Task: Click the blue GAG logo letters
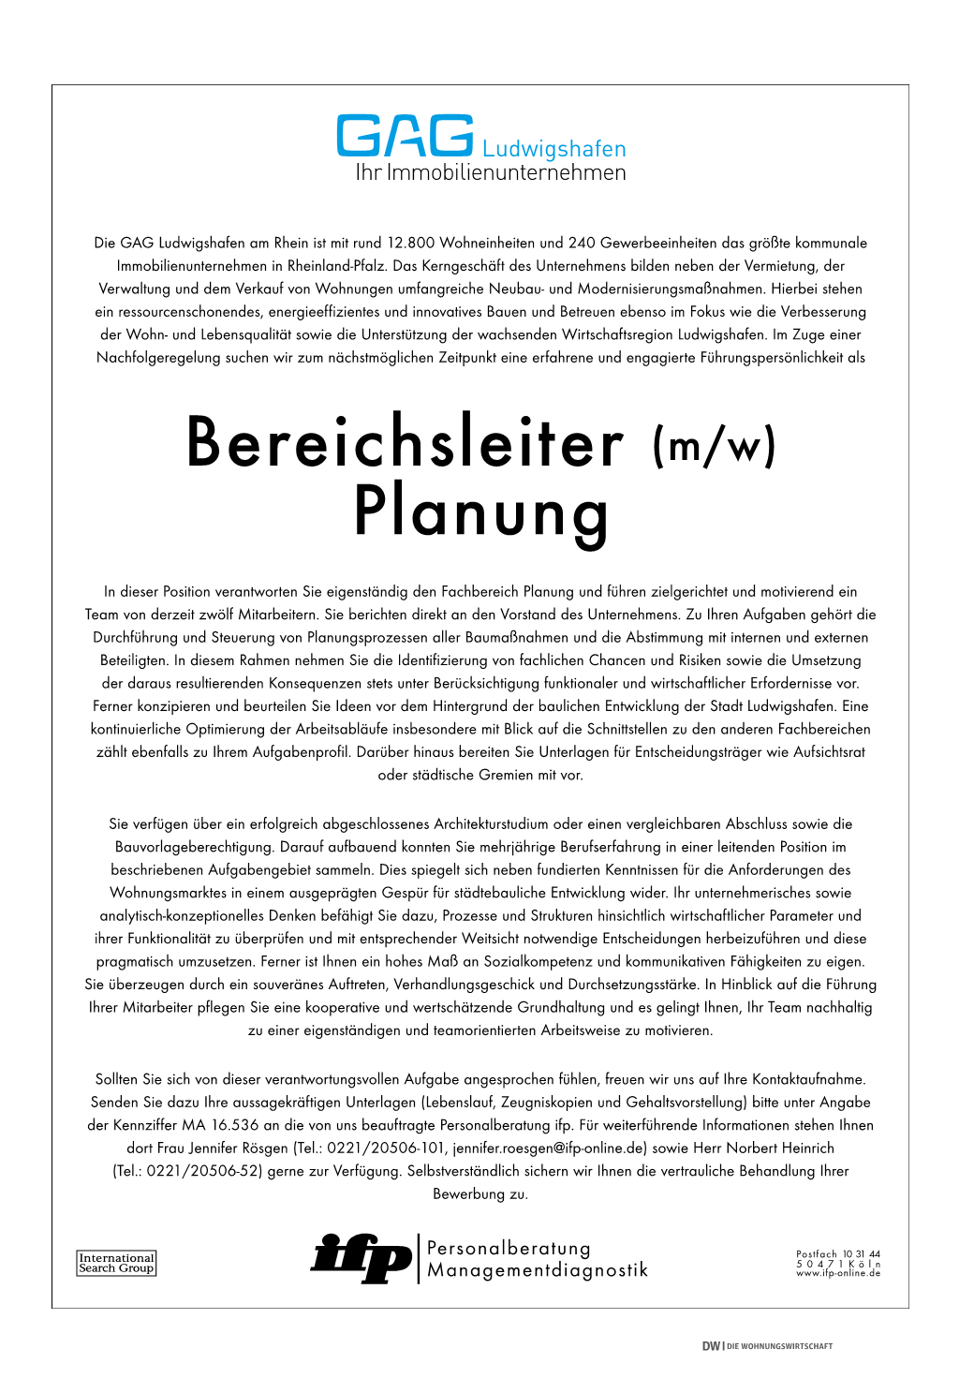click(405, 137)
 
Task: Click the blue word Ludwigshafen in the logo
click(553, 149)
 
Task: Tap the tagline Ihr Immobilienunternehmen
click(490, 172)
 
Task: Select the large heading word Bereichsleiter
click(406, 442)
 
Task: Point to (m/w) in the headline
click(715, 446)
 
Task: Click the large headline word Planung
click(481, 512)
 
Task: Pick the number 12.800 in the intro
click(410, 243)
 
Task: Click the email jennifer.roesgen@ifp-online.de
click(550, 1148)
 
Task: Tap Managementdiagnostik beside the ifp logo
click(538, 1271)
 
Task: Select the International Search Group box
click(116, 1263)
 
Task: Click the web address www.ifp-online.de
click(838, 1273)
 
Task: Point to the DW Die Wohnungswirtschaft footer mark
click(767, 1346)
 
